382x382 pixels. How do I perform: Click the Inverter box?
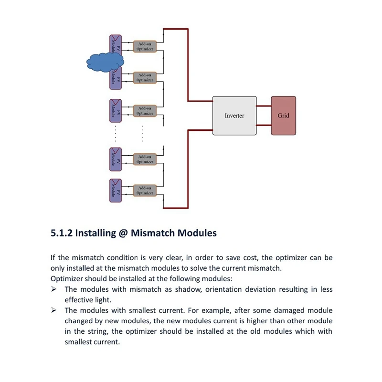(234, 116)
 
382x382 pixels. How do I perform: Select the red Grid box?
(283, 116)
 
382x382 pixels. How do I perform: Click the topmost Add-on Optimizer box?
(144, 46)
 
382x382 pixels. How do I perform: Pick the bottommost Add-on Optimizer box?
(144, 191)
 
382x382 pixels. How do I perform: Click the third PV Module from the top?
(116, 111)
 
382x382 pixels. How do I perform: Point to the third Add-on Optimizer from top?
(144, 111)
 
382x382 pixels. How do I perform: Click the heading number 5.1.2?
(62, 233)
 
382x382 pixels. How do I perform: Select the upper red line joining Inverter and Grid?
(264, 106)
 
